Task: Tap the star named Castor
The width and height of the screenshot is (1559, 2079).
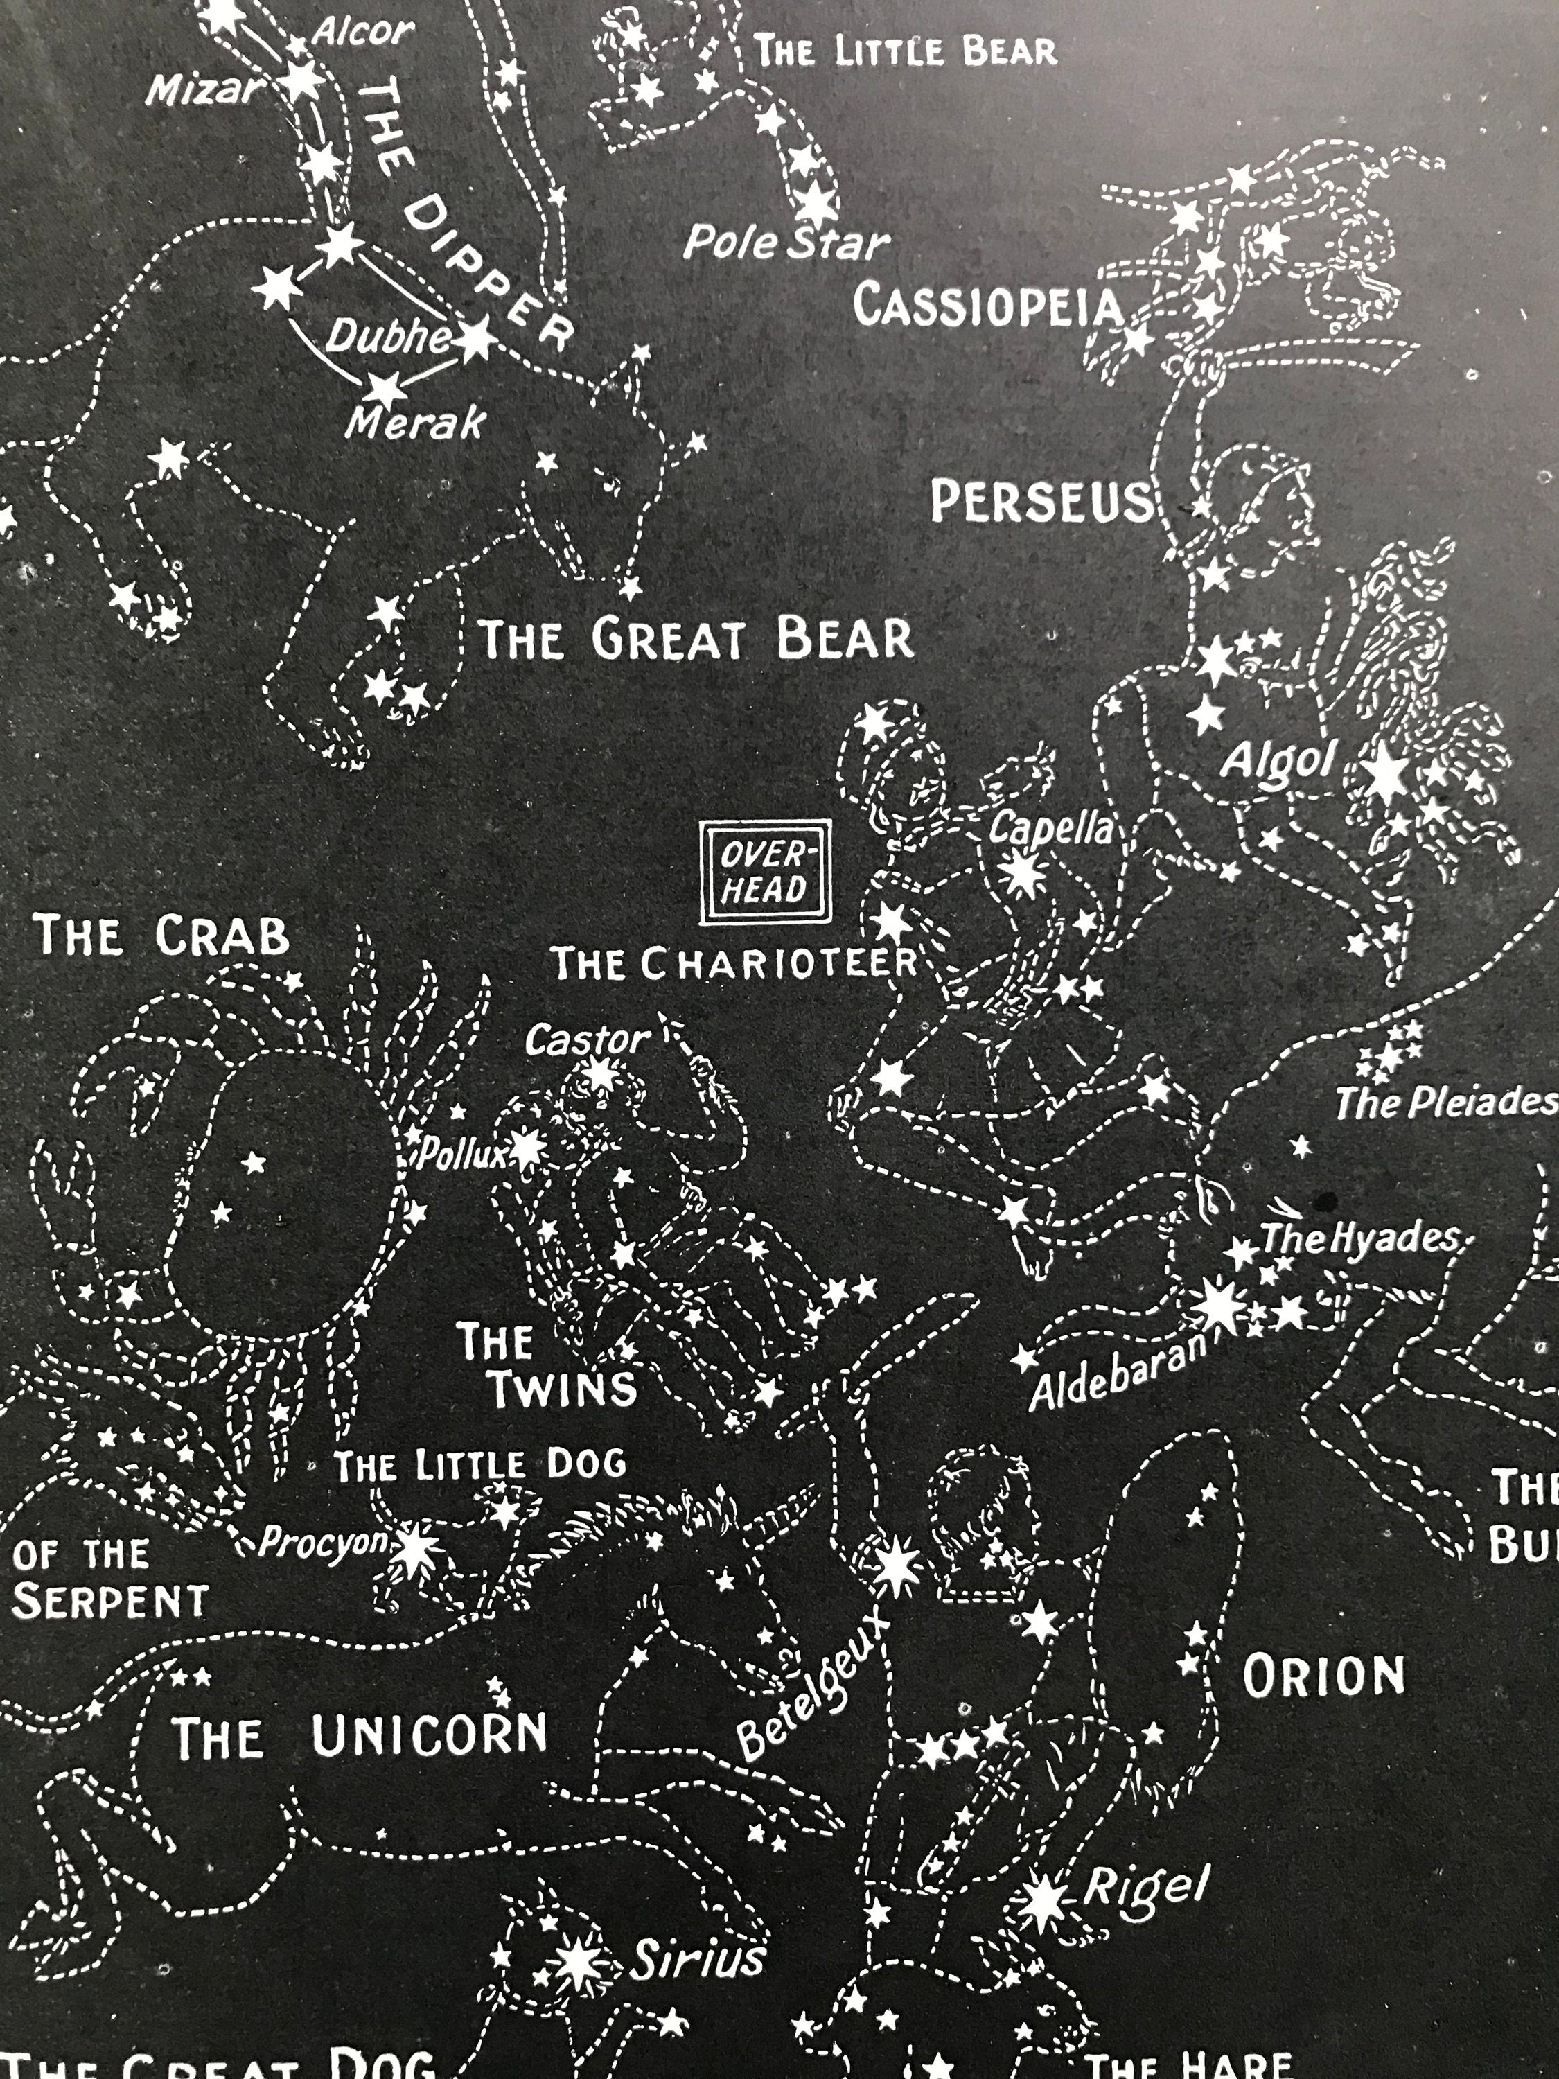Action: click(x=599, y=1073)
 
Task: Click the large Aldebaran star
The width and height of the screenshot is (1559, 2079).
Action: click(x=1219, y=1306)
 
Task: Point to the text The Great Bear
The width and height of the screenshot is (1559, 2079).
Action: click(x=696, y=639)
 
